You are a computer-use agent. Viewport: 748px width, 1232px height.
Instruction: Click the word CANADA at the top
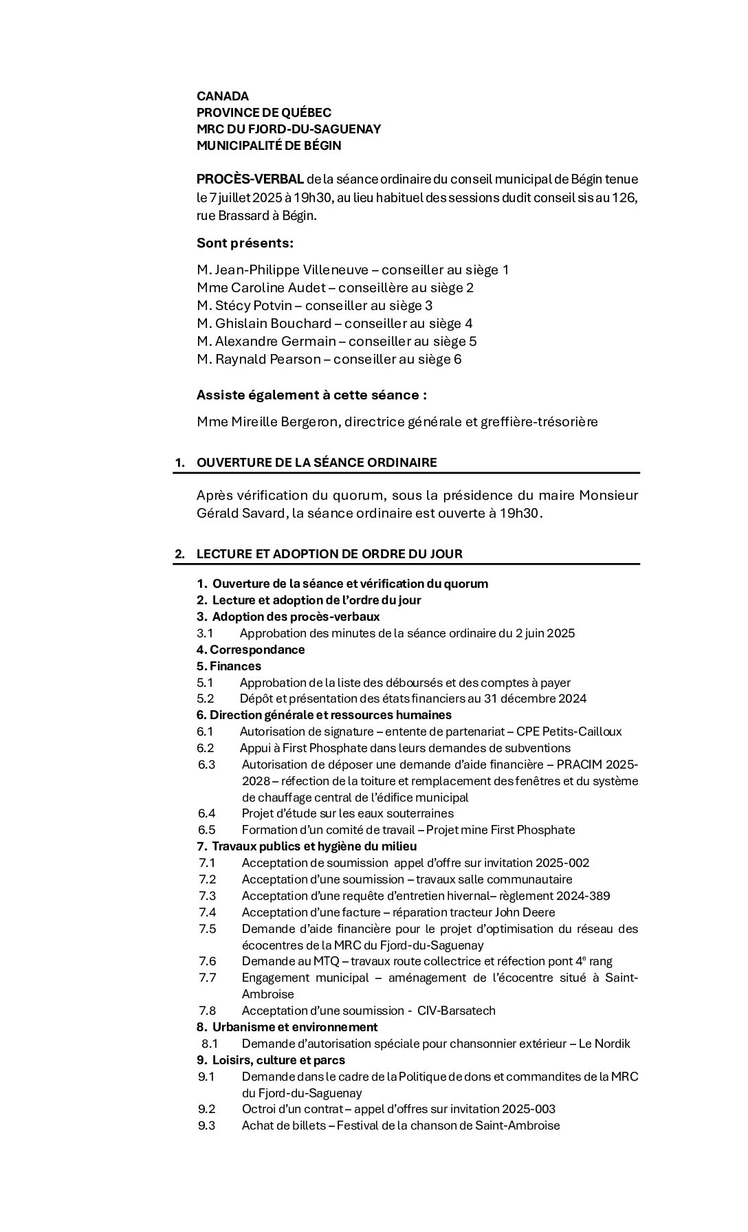click(223, 96)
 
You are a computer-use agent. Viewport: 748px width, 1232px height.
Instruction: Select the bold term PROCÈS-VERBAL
click(250, 179)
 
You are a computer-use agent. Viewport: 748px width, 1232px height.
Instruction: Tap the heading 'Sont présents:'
click(245, 243)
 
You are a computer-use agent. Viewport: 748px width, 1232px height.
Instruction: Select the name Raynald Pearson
click(267, 360)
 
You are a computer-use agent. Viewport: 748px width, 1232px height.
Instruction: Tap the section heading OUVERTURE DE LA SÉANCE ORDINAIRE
click(316, 463)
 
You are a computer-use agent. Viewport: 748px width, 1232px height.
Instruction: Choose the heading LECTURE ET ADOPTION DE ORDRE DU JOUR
click(329, 554)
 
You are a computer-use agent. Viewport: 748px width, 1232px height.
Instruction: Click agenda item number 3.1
click(205, 633)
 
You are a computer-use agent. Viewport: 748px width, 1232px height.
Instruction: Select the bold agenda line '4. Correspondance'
click(250, 650)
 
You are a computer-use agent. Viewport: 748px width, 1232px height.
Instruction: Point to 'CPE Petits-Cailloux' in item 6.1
click(569, 732)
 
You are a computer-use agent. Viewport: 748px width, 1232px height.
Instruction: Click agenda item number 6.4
click(206, 814)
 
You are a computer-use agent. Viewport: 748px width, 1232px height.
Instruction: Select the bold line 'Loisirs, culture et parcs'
click(278, 1061)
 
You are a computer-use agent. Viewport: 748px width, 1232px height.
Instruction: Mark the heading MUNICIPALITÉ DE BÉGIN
click(269, 146)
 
